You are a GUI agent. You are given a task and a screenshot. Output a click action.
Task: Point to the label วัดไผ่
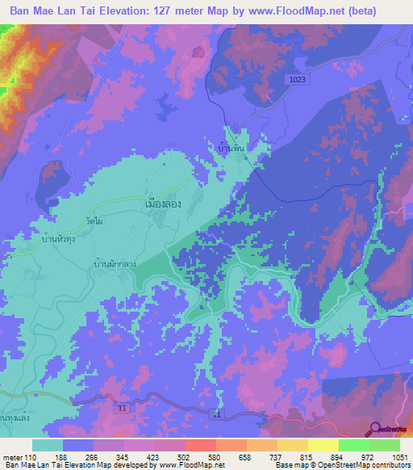click(95, 220)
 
